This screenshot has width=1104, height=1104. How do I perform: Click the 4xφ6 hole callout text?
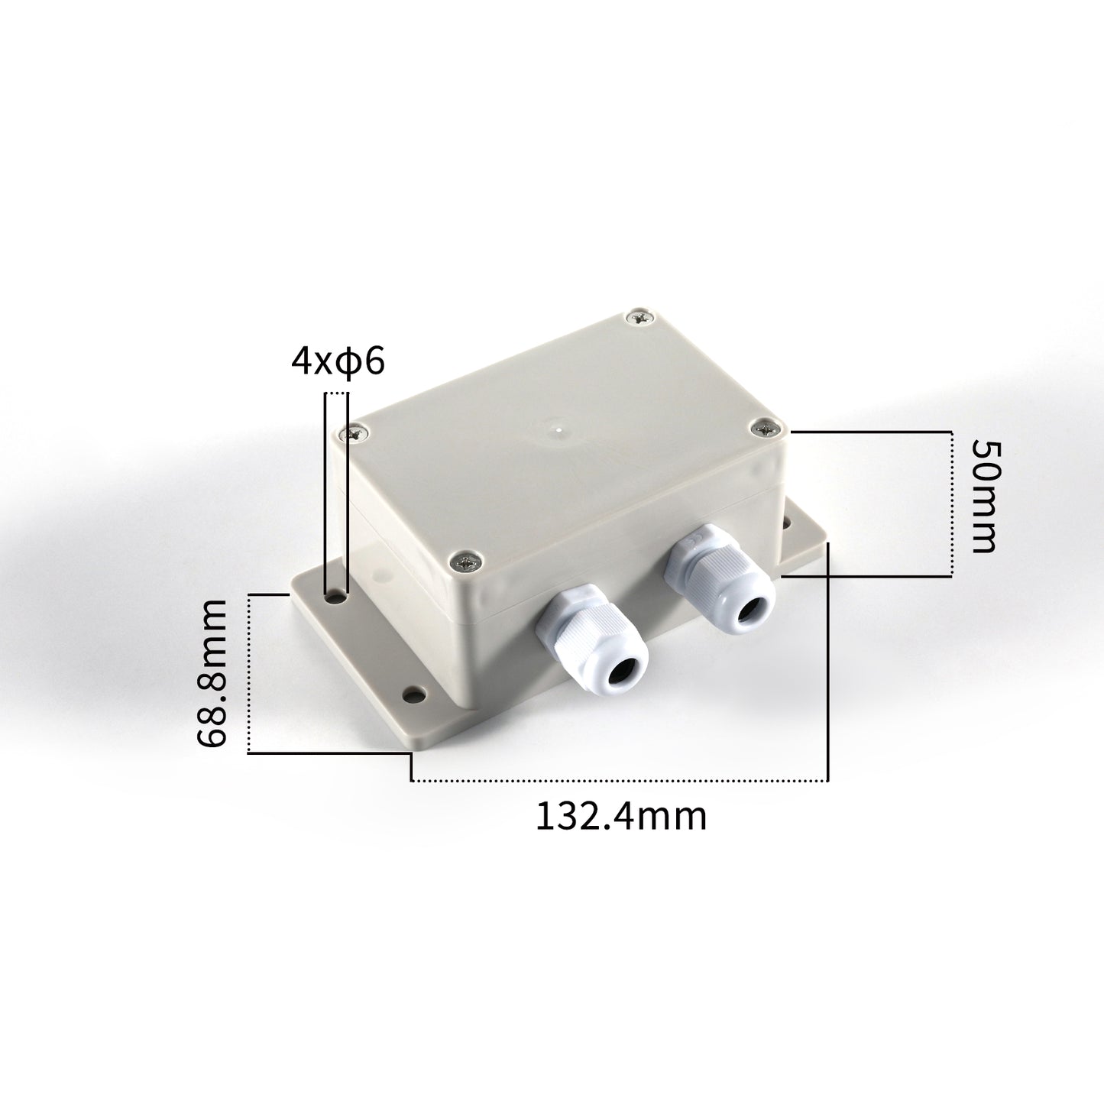coord(337,361)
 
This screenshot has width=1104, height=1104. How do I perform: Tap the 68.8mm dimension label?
coord(212,672)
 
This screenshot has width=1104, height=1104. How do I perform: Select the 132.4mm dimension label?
coord(620,816)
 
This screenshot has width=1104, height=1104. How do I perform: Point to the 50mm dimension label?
coord(983,496)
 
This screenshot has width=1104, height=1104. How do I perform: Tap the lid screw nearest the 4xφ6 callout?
coord(355,433)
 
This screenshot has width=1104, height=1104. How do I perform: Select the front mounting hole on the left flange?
coord(414,695)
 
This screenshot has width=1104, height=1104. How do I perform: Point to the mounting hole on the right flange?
coord(788,525)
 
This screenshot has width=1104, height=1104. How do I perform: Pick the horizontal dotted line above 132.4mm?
coord(619,781)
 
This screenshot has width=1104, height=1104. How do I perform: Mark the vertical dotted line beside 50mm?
coord(952,503)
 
